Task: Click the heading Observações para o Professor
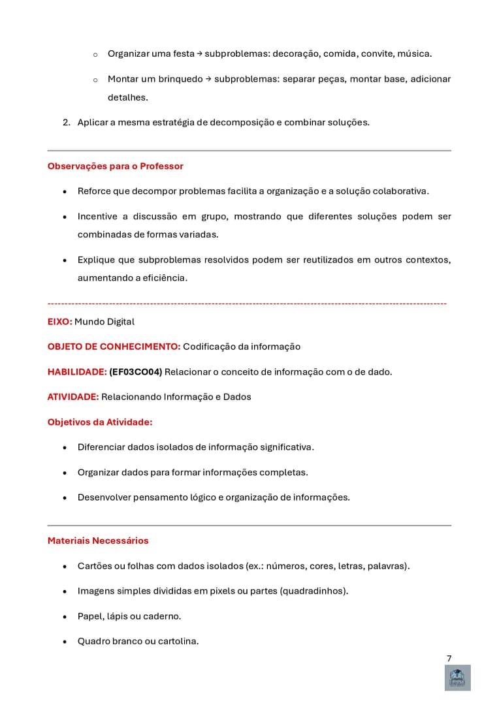coord(115,166)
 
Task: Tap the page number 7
coord(449,659)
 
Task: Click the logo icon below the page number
coord(457,678)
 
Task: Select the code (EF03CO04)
coord(135,372)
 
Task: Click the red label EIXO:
coord(59,322)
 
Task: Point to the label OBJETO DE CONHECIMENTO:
coord(114,347)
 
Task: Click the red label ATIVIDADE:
coord(73,397)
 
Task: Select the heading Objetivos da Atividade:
coord(100,422)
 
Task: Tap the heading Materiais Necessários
coord(98,540)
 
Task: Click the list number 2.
coord(66,122)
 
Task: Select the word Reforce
coord(95,191)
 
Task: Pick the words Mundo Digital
coord(105,322)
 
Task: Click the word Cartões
coord(96,566)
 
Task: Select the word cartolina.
coord(176,642)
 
